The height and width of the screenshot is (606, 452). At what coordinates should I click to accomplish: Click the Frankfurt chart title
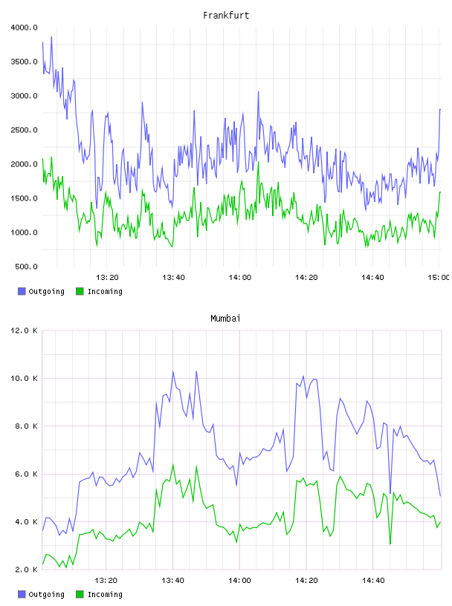click(x=226, y=16)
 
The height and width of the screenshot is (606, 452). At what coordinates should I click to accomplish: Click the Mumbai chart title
click(x=225, y=319)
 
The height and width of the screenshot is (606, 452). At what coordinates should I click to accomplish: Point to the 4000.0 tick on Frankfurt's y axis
click(x=24, y=27)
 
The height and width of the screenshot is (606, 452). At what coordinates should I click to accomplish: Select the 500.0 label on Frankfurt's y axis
click(x=26, y=267)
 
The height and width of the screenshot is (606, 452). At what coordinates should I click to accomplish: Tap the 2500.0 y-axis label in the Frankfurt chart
click(x=24, y=130)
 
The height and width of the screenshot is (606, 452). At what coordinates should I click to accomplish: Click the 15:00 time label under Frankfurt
click(x=438, y=278)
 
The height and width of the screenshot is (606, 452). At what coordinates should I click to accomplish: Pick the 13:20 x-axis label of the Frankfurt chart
click(x=107, y=278)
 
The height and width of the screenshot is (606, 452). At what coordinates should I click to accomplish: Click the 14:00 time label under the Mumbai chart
click(x=239, y=581)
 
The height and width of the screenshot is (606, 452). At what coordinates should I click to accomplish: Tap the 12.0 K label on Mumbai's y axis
click(x=24, y=330)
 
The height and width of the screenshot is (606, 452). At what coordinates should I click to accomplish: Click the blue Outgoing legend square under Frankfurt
click(x=22, y=291)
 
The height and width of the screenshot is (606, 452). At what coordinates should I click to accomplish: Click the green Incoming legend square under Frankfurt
click(x=80, y=291)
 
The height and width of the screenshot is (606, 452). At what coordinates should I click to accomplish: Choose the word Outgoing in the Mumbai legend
click(x=46, y=594)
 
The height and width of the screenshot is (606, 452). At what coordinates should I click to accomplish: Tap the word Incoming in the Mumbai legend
click(x=105, y=594)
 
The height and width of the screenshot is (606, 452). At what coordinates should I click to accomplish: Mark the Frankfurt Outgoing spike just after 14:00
click(x=259, y=92)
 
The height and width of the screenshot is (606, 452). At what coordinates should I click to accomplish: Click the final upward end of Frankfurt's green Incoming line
click(x=440, y=192)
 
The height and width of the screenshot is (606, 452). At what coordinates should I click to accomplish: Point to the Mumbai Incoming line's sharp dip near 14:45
click(x=390, y=544)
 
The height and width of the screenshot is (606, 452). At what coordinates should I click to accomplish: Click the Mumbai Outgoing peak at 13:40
click(x=173, y=371)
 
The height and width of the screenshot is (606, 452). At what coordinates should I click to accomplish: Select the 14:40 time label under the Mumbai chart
click(x=373, y=581)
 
